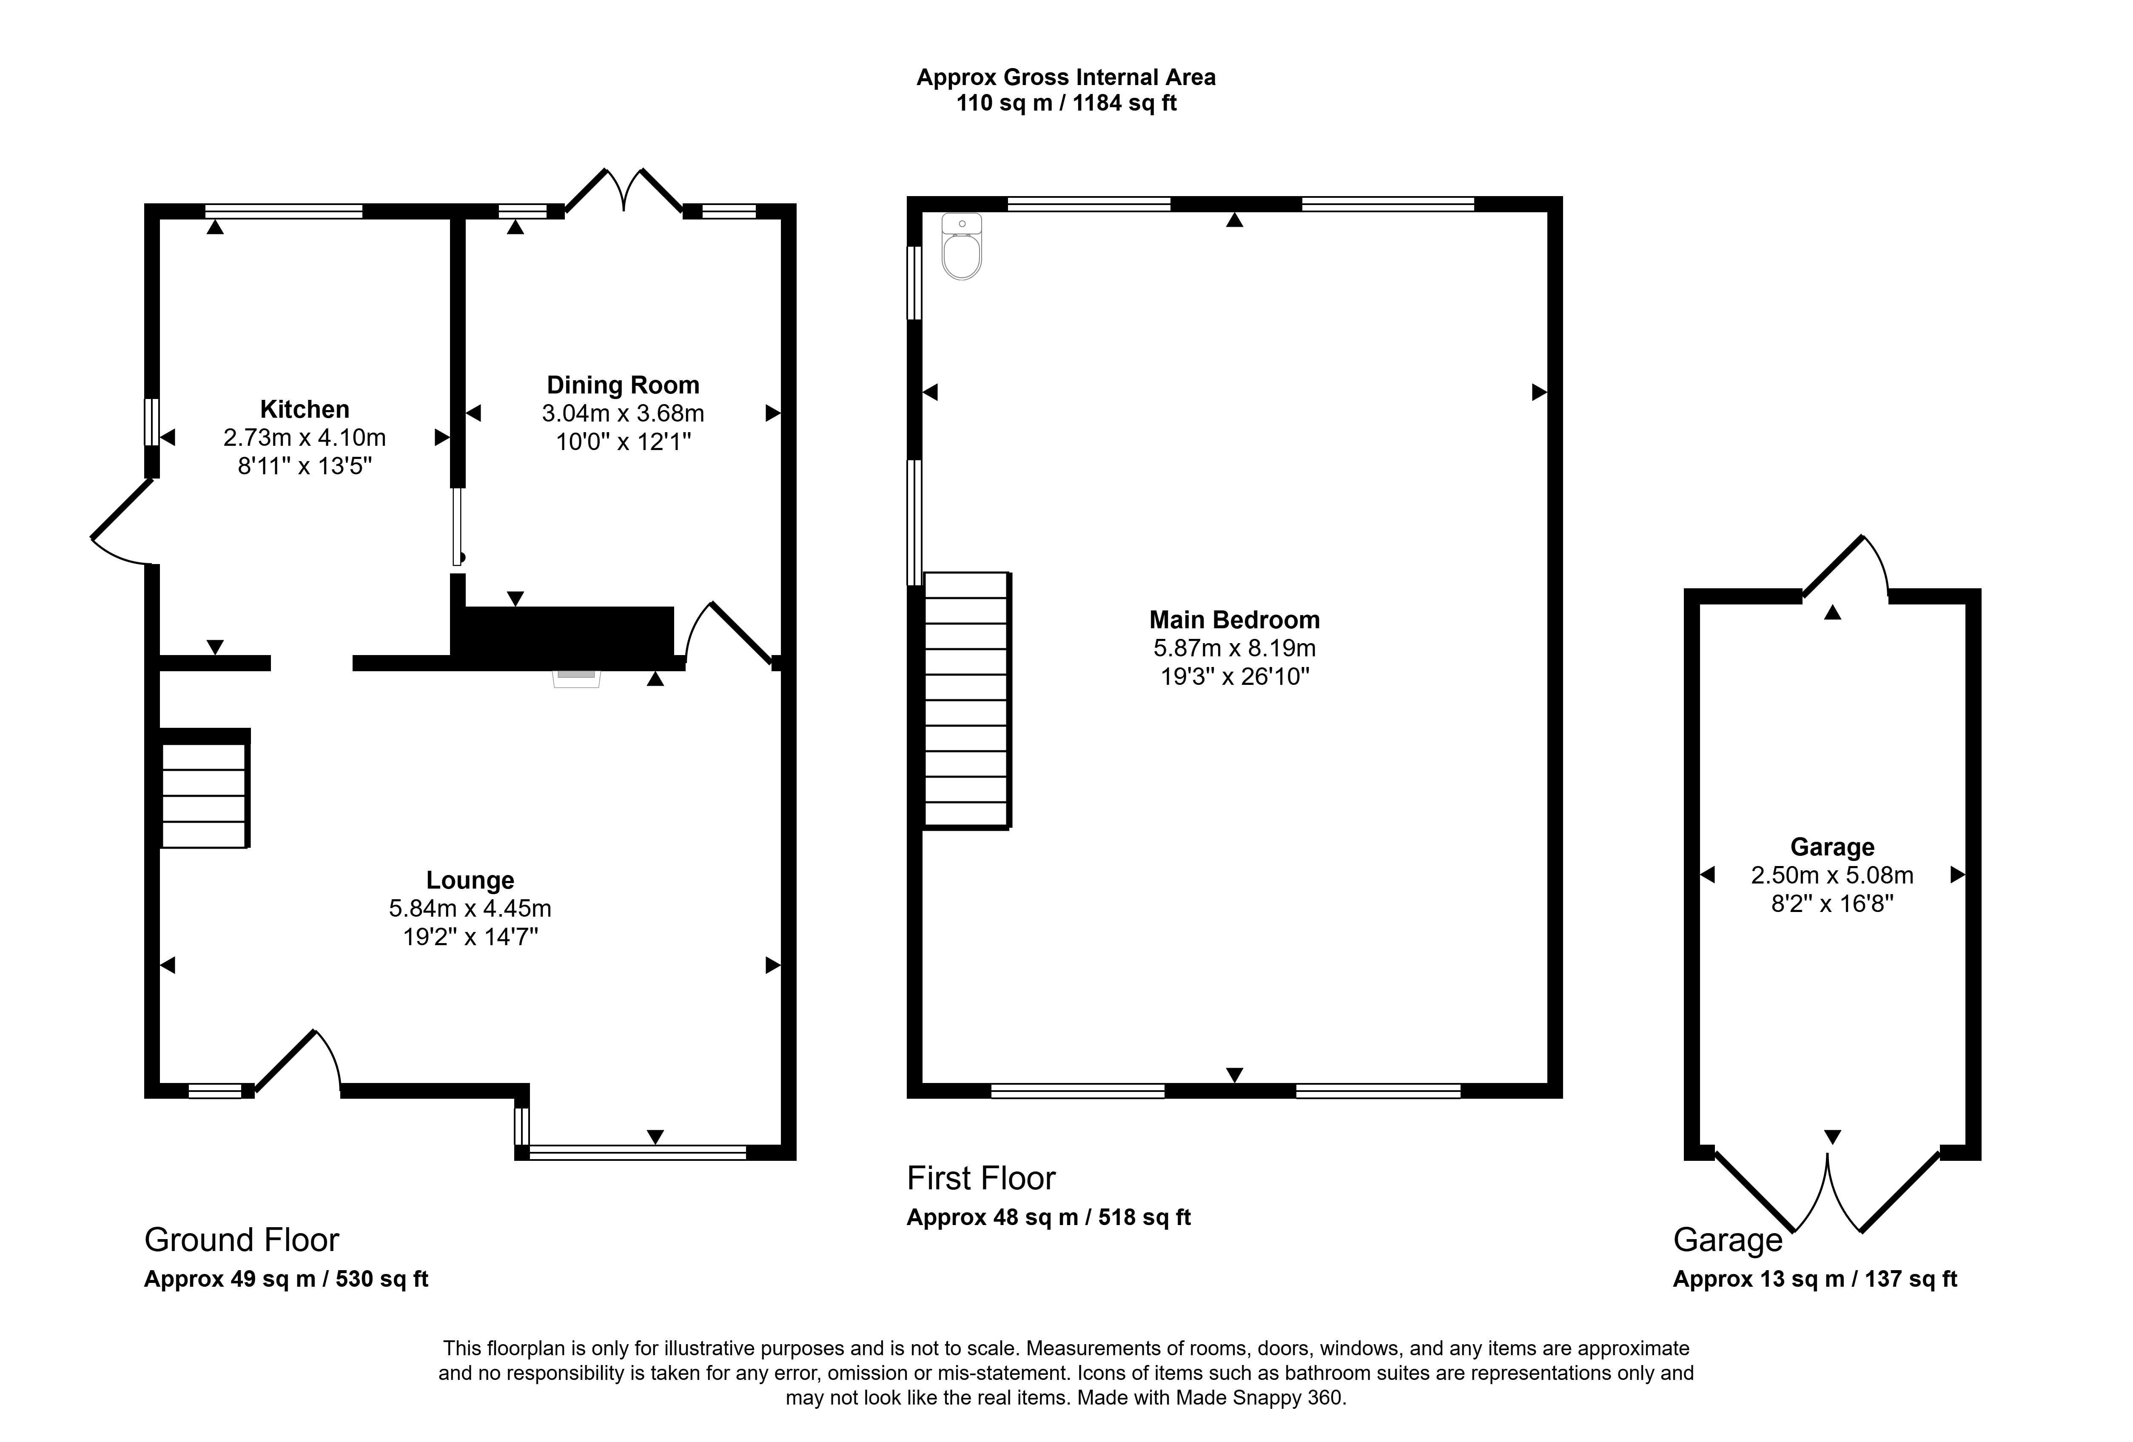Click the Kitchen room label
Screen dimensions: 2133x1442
click(x=305, y=409)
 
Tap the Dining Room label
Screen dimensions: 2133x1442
click(x=623, y=385)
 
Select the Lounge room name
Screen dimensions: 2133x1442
click(x=470, y=880)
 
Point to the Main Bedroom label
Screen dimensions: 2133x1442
click(x=1234, y=621)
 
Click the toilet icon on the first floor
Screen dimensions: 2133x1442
click(x=962, y=246)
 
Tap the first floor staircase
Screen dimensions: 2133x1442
click(x=966, y=700)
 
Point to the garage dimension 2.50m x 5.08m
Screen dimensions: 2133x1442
click(x=1832, y=876)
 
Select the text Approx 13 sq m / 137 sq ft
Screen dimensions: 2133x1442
click(x=1814, y=1280)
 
